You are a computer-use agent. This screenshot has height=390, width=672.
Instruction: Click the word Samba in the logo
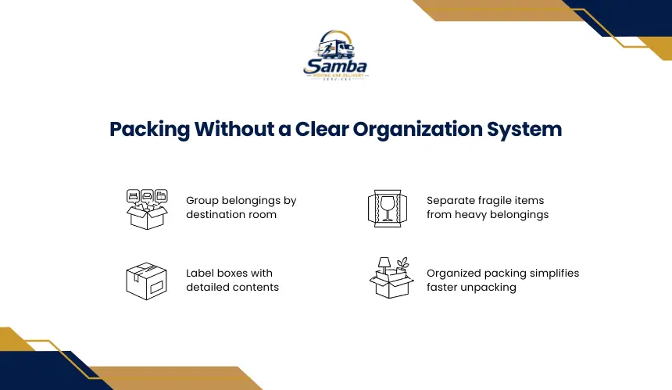tap(335, 66)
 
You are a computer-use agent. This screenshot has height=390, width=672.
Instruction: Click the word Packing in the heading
tap(149, 130)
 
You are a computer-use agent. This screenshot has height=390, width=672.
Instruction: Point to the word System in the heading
tap(524, 130)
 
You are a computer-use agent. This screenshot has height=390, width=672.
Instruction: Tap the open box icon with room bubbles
tap(147, 209)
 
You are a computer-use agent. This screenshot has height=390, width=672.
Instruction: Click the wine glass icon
tap(388, 208)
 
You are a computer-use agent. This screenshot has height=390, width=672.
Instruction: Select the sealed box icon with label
tap(147, 281)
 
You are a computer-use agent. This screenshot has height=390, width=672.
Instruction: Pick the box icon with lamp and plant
tap(391, 277)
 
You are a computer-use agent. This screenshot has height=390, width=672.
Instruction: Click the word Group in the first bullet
tap(202, 201)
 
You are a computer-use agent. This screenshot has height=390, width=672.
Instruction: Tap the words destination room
tap(231, 214)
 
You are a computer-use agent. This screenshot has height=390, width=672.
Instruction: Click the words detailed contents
tap(232, 287)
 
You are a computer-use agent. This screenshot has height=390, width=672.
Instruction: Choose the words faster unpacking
tap(471, 288)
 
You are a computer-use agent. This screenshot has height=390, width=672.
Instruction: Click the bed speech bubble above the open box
tap(134, 196)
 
